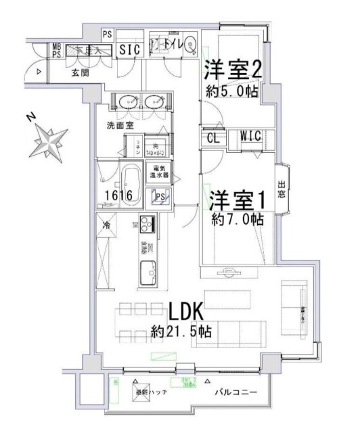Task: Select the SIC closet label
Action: (x=129, y=49)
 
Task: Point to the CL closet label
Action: (x=212, y=138)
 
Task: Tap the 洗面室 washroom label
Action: (x=120, y=126)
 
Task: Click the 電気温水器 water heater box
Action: (x=160, y=171)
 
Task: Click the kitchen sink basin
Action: (x=147, y=275)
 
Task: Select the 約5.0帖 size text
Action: (x=232, y=93)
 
